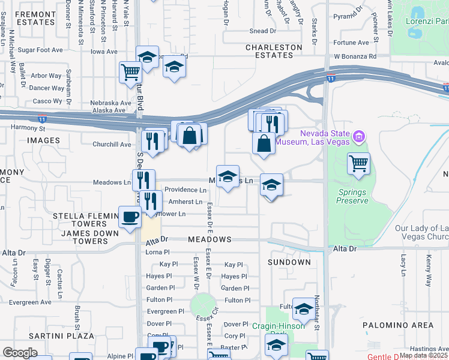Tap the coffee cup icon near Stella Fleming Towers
[x=130, y=217]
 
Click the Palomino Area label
[x=397, y=325]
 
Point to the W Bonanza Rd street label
[x=355, y=56]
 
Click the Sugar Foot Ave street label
[x=41, y=50]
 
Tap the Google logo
[x=20, y=353]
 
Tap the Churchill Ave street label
[x=112, y=144]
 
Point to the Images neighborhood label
[x=43, y=140]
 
